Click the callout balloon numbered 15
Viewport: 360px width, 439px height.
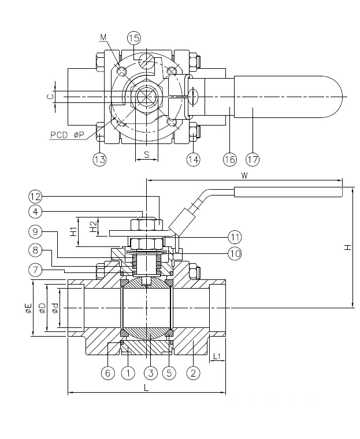[134, 38]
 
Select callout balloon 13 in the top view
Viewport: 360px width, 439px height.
[100, 158]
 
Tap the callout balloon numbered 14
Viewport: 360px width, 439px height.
[193, 158]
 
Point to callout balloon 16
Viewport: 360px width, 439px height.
[231, 158]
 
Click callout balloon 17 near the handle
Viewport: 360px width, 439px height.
[253, 158]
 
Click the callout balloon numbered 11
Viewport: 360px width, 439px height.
[234, 237]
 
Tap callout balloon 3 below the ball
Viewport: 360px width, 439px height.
[151, 373]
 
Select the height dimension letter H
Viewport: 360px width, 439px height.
[347, 247]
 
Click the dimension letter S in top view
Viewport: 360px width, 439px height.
[147, 155]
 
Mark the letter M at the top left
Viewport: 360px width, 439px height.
[103, 38]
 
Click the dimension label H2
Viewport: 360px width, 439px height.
[93, 225]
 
